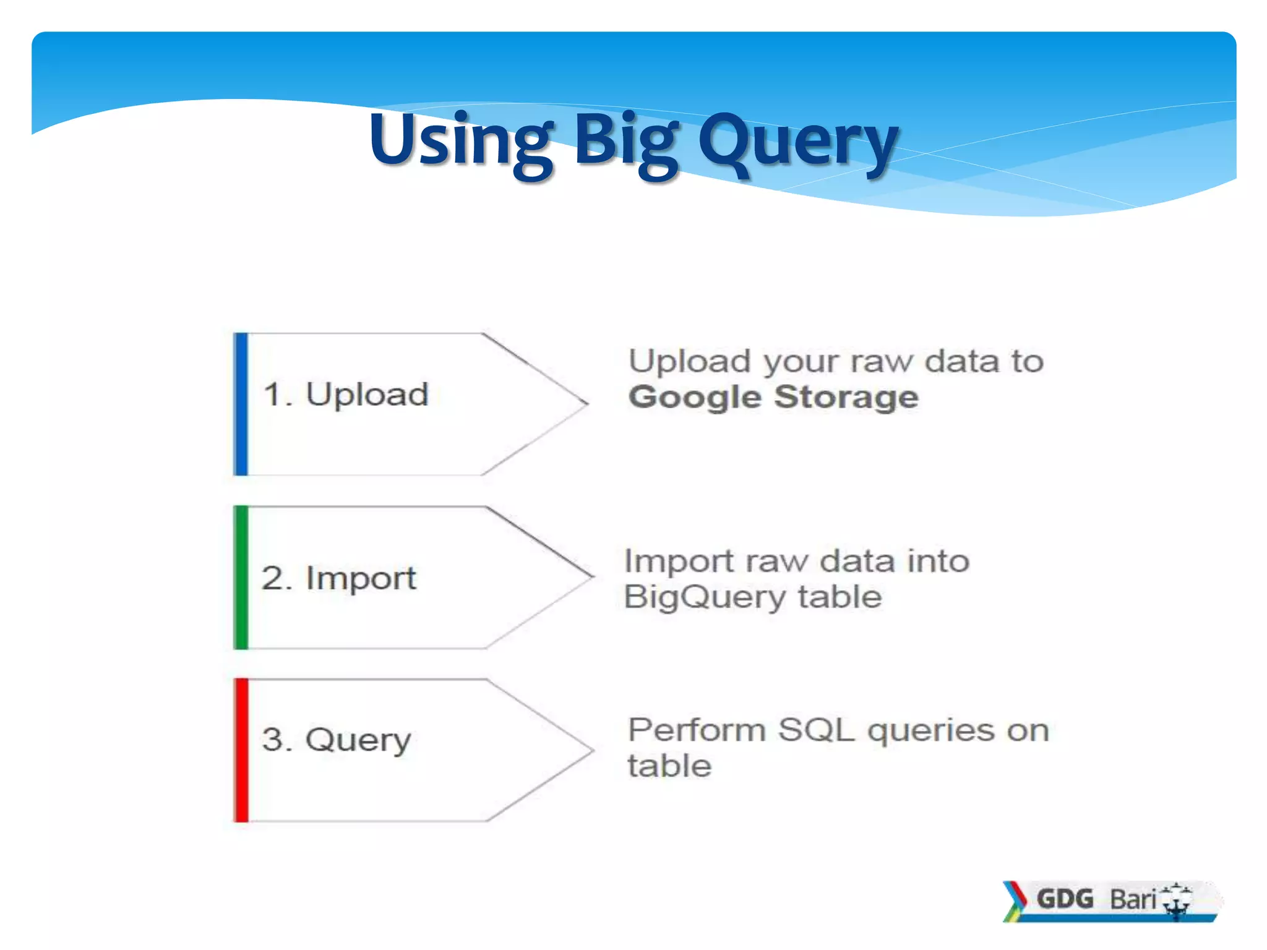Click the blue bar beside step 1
(x=241, y=404)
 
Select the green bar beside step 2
(x=241, y=577)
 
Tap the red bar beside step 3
(x=241, y=750)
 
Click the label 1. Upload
(x=346, y=395)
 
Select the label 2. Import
(x=339, y=579)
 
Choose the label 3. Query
(x=337, y=740)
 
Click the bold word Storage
(x=846, y=398)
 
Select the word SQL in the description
(x=816, y=730)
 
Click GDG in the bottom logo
(x=1065, y=899)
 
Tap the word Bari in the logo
(x=1132, y=899)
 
